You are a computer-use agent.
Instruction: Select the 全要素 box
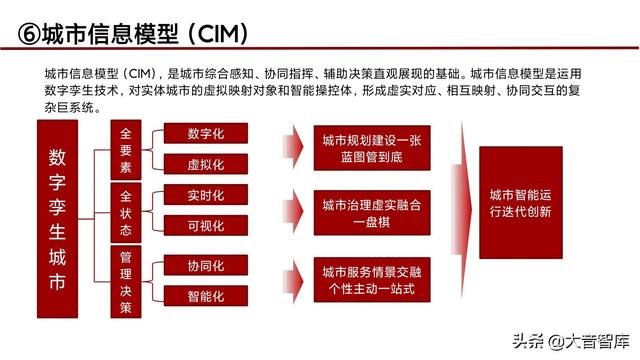click(126, 148)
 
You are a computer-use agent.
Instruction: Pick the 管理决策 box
click(126, 279)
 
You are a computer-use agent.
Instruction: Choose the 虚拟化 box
click(205, 164)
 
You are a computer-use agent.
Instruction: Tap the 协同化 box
click(205, 266)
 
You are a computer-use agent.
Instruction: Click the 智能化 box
click(205, 296)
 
